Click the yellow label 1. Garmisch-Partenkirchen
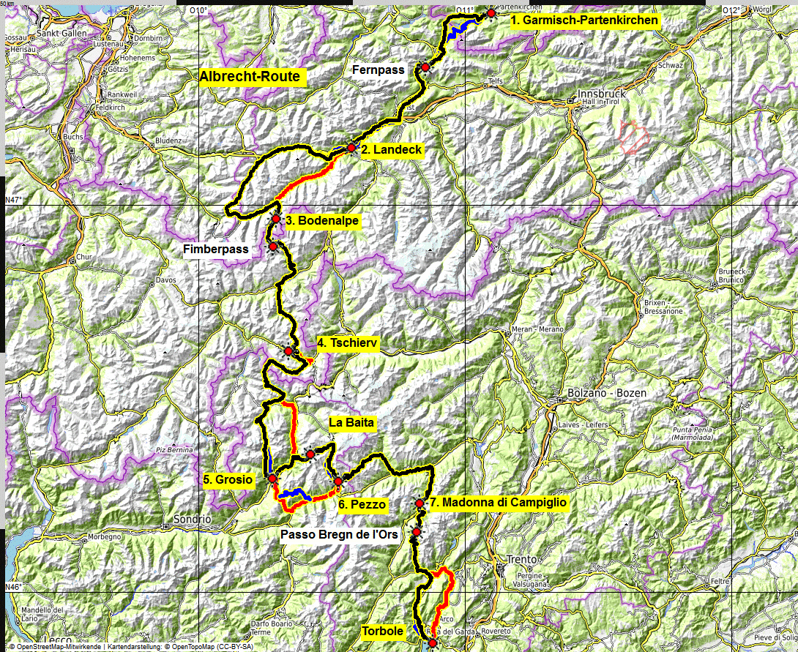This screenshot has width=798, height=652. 584,20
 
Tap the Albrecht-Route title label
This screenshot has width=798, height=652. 249,77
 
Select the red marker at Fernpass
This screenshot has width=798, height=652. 424,67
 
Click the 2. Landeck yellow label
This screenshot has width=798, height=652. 392,149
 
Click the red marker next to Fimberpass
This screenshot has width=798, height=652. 273,247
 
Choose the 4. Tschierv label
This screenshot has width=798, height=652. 347,343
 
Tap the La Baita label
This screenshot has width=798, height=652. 351,422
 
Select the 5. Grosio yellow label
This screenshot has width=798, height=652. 228,480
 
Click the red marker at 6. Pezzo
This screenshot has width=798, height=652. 338,481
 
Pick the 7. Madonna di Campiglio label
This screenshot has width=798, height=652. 498,503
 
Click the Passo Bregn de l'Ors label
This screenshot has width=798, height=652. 339,535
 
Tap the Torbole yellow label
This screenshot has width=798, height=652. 382,631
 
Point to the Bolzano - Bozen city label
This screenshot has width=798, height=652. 606,393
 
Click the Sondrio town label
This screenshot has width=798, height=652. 193,519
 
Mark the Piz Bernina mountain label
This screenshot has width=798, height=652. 172,449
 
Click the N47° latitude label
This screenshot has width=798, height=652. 14,200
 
